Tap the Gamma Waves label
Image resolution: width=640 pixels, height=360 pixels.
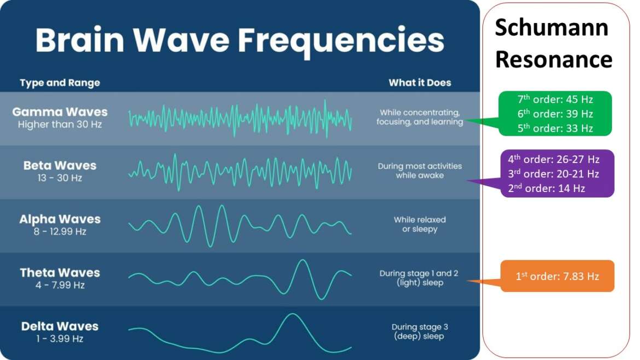coord(60,112)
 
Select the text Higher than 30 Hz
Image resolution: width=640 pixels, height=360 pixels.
coord(60,125)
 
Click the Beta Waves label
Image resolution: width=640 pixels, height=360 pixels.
coord(60,165)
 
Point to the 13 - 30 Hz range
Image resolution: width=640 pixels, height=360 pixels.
coord(60,178)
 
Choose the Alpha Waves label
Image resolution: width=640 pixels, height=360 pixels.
coord(60,219)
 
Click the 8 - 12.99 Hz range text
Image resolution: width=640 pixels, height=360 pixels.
coord(60,231)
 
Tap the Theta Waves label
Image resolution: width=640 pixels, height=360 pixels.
coord(60,272)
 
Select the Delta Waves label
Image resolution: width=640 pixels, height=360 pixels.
coord(60,326)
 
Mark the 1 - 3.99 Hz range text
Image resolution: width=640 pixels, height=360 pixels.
coord(60,339)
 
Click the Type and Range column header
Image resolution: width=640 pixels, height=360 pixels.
coord(60,83)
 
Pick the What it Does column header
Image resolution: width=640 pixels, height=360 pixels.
coord(420,83)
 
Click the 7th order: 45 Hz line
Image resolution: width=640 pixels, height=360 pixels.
coord(555,100)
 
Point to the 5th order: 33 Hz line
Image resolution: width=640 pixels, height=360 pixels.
coord(555,129)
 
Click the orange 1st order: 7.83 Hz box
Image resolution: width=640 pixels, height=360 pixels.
coord(557,276)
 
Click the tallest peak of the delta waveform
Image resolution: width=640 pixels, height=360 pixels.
coord(293,315)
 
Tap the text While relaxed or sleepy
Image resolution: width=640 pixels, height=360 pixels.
coord(420,224)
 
